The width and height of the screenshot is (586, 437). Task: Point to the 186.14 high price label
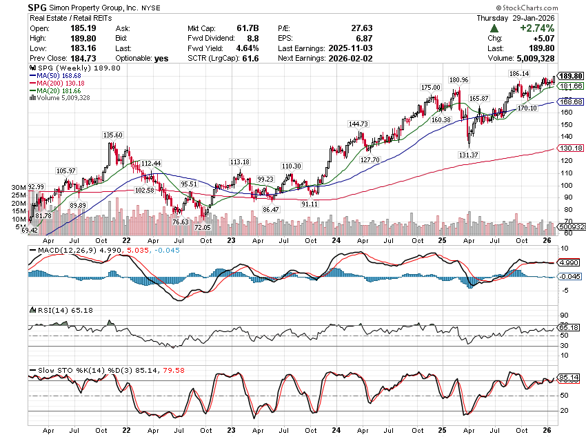[x=518, y=73]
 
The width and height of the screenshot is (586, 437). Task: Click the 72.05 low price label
[x=202, y=227]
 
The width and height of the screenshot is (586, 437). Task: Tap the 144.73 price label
[x=358, y=124]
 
